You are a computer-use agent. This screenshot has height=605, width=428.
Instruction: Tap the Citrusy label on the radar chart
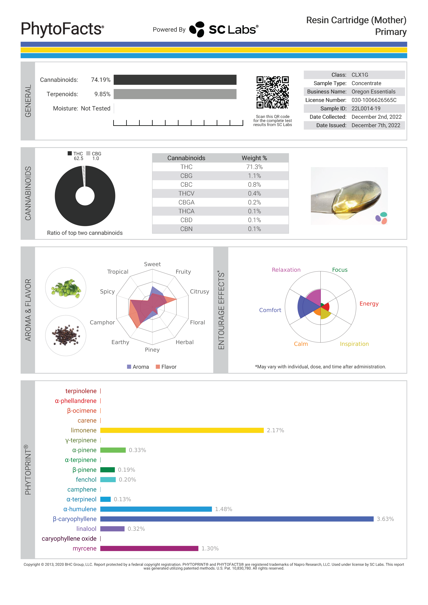(199, 291)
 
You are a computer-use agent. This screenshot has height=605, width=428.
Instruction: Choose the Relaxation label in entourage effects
(286, 270)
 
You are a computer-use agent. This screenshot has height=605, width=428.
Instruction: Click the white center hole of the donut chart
(85, 196)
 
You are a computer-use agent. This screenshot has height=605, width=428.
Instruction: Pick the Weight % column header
(254, 158)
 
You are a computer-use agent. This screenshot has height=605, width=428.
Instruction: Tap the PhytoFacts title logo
(62, 29)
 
